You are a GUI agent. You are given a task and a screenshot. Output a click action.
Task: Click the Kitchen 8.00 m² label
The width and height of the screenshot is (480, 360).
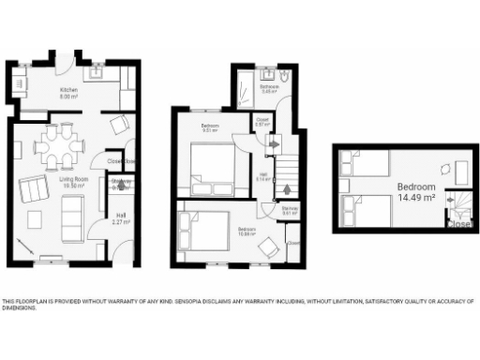click(68, 93)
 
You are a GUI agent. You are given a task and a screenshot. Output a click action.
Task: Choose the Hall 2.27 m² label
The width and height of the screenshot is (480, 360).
click(119, 221)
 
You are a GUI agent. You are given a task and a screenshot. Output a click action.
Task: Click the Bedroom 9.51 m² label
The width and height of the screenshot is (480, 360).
click(210, 127)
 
